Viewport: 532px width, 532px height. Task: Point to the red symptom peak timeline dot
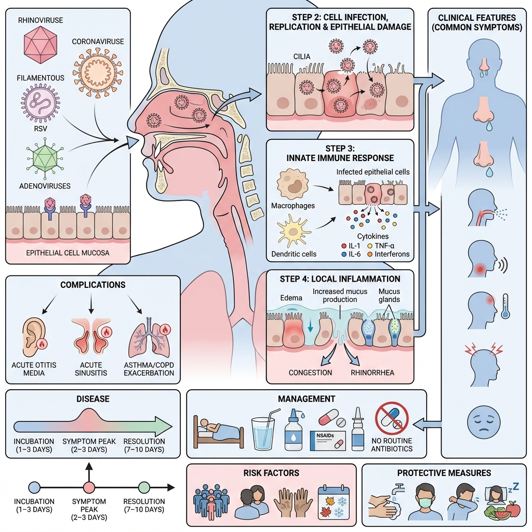(88, 487)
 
